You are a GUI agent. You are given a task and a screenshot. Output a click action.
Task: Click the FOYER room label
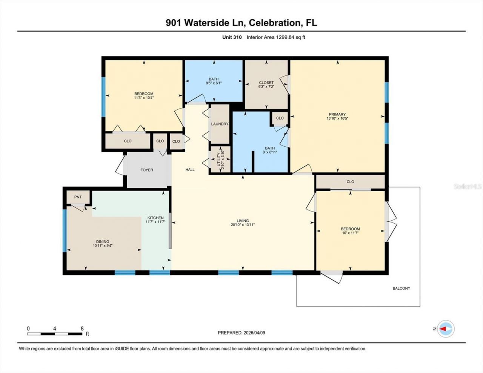pyautogui.click(x=147, y=170)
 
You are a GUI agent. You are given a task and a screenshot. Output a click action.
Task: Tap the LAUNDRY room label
pyautogui.click(x=220, y=124)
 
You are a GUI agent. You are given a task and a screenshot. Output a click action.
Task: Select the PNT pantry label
pyautogui.click(x=78, y=197)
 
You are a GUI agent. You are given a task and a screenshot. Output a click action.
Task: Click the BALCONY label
pyautogui.click(x=401, y=289)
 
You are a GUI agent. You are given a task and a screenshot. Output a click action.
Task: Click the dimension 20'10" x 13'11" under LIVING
pyautogui.click(x=243, y=225)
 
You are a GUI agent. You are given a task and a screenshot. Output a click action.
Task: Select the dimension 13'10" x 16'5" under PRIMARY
pyautogui.click(x=337, y=118)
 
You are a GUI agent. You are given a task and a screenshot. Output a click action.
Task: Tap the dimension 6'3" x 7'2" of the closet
pyautogui.click(x=266, y=87)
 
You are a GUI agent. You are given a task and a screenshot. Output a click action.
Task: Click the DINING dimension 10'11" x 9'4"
pyautogui.click(x=103, y=246)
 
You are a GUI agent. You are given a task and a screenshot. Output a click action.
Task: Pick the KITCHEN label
pyautogui.click(x=155, y=218)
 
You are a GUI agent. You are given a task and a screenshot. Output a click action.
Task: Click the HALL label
pyautogui.click(x=190, y=170)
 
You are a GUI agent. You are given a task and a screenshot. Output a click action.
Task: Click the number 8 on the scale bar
pyautogui.click(x=82, y=328)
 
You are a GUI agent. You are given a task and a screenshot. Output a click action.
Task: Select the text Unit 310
pyautogui.click(x=232, y=37)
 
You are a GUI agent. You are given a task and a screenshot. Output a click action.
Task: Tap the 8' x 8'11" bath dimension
pyautogui.click(x=270, y=153)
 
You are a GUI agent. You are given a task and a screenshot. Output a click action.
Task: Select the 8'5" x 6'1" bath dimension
pyautogui.click(x=214, y=83)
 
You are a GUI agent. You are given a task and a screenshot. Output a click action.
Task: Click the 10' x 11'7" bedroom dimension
pyautogui.click(x=350, y=233)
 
